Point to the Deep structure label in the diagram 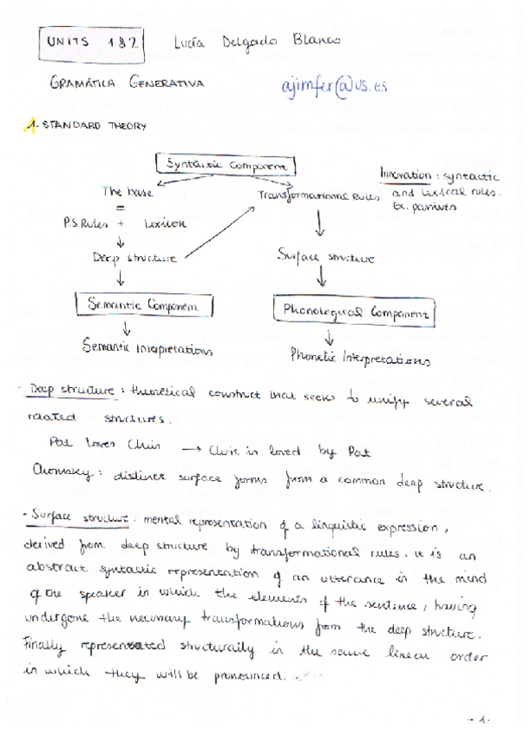tap(134, 257)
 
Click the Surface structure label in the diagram tap(326, 255)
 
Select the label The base tap(128, 192)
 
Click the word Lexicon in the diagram tap(166, 222)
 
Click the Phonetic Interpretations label tap(359, 355)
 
